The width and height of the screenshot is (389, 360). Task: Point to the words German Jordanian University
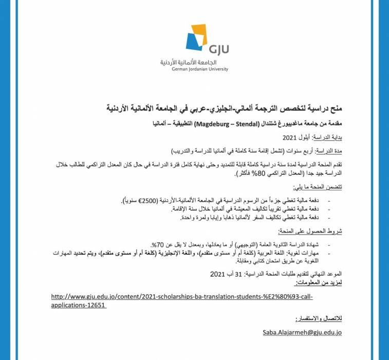point(200,69)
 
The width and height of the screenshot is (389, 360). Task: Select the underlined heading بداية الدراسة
point(325,139)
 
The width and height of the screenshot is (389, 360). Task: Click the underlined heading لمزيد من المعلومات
point(319,284)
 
